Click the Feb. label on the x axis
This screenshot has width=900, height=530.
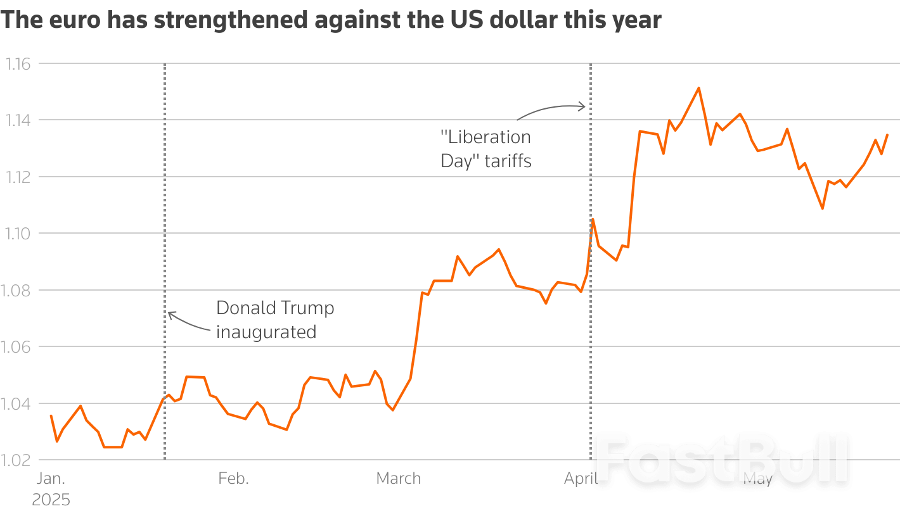click(233, 479)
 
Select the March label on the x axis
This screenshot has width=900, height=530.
click(399, 479)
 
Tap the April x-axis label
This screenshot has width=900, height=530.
click(581, 479)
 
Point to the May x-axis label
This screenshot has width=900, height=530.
click(757, 479)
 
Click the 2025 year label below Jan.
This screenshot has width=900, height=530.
click(51, 500)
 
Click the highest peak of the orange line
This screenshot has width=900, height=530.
click(698, 88)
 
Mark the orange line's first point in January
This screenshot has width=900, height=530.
click(51, 415)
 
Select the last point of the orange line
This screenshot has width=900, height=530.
click(887, 134)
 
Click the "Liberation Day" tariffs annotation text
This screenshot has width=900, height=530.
click(486, 149)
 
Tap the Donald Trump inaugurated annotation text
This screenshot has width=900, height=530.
click(275, 320)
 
